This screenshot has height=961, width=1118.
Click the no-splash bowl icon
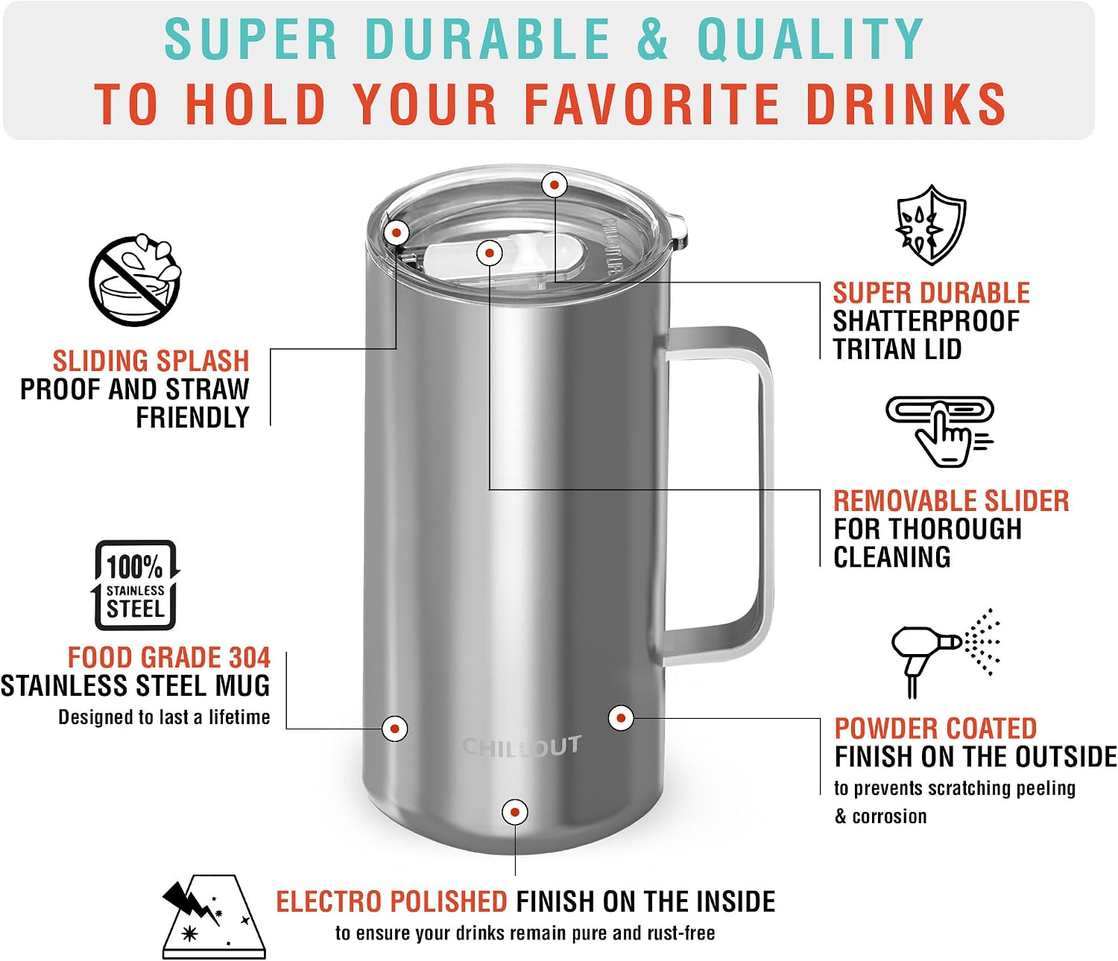point(135,280)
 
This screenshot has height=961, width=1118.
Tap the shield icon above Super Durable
point(931,224)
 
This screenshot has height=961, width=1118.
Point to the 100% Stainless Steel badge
point(135,585)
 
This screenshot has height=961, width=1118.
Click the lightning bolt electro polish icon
point(214,916)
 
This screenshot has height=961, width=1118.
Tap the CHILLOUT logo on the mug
point(522,746)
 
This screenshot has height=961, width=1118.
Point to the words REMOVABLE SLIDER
point(951,501)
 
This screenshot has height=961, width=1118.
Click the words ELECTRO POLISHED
point(391,901)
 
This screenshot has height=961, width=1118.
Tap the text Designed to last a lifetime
point(165,717)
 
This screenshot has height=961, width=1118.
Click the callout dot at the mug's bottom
point(515,812)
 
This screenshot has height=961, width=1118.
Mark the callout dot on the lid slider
point(490,253)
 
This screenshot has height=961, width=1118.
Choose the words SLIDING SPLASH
point(151,361)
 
